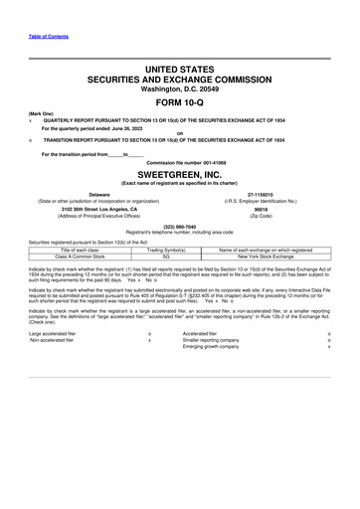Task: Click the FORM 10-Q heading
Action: pyautogui.click(x=179, y=103)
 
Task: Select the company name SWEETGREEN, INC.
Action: pyautogui.click(x=179, y=171)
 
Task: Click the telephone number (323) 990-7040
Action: pyautogui.click(x=179, y=227)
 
